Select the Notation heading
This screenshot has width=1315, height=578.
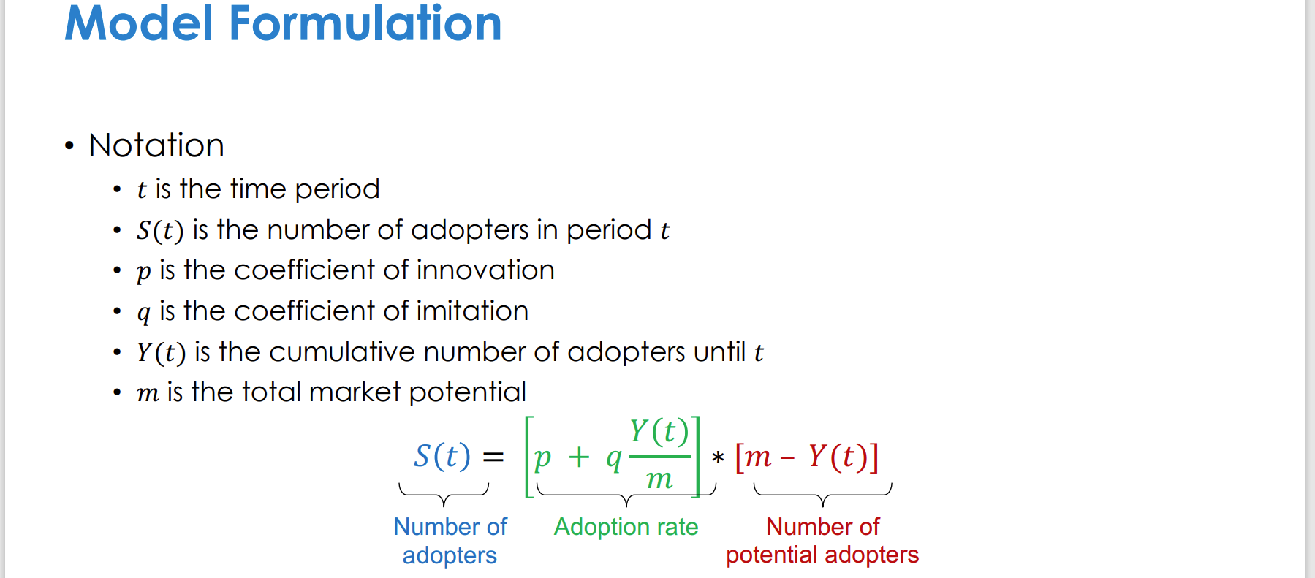tap(156, 145)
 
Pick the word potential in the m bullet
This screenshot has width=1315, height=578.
tap(467, 392)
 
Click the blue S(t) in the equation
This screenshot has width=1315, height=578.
tap(442, 456)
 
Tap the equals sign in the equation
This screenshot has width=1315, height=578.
tap(493, 457)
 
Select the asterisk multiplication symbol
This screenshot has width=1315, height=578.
tap(718, 458)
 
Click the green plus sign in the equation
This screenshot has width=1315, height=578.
tap(579, 457)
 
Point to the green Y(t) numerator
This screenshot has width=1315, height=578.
tap(659, 431)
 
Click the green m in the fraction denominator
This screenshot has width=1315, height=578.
tap(659, 479)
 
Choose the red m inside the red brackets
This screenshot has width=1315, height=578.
tap(758, 457)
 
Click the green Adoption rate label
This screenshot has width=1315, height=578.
tap(626, 527)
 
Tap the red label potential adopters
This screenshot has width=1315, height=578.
tap(822, 555)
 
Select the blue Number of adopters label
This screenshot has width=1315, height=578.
tap(450, 541)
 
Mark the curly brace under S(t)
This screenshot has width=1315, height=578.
tap(444, 495)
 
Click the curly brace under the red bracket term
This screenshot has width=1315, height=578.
tap(823, 495)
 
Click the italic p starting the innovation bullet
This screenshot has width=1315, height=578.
tap(143, 272)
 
